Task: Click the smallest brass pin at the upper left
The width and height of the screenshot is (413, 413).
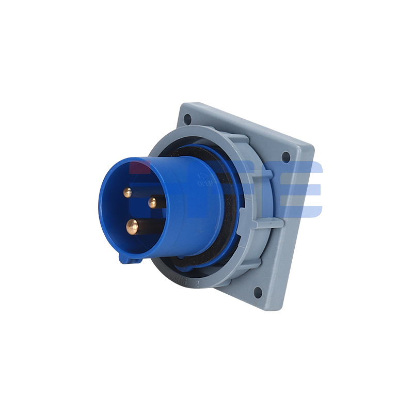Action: [127, 193]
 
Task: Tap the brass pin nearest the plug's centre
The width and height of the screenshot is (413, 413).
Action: [152, 203]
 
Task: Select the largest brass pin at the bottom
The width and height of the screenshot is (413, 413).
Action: [133, 226]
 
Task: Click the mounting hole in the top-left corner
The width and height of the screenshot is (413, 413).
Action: [187, 119]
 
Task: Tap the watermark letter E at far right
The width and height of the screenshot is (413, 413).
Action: [305, 188]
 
